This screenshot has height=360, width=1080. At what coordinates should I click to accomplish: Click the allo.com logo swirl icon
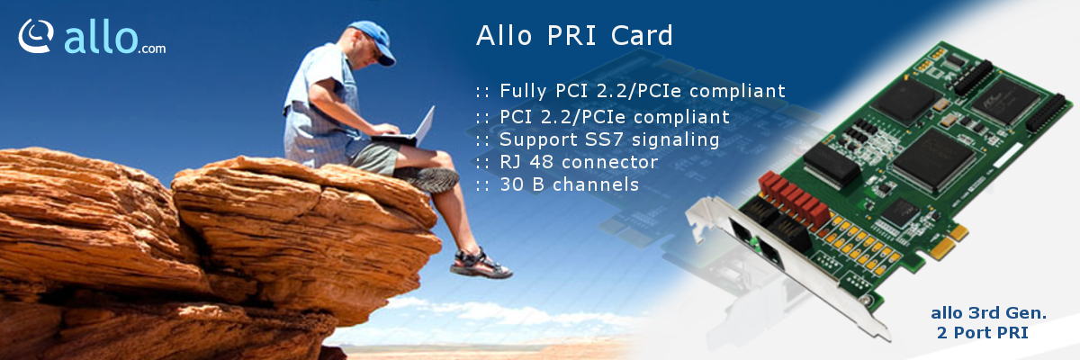(x=36, y=36)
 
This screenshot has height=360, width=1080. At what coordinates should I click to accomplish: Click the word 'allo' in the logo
(x=101, y=38)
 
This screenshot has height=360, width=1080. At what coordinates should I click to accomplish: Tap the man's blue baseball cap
(x=373, y=41)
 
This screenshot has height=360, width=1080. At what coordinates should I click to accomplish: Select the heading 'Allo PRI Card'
(x=574, y=35)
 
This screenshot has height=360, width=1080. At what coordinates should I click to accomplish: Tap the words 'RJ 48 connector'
(x=579, y=162)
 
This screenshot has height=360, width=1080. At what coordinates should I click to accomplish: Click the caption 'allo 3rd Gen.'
(x=988, y=313)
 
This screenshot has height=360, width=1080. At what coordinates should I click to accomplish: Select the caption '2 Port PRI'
(x=983, y=332)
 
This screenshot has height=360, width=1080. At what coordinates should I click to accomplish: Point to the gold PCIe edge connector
(x=948, y=244)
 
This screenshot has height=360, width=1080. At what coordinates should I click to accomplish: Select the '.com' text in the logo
(x=152, y=49)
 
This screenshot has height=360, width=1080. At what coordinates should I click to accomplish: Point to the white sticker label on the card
(x=1008, y=155)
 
